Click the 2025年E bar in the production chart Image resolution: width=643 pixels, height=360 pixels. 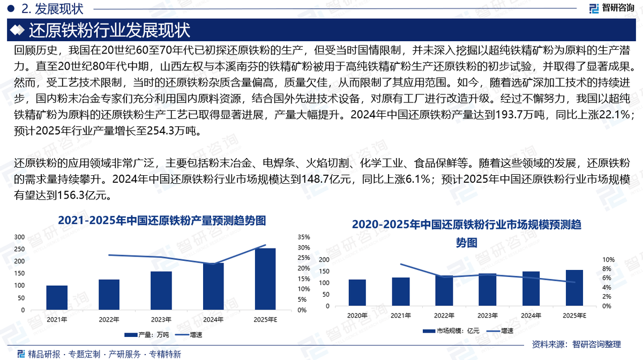tap(265, 279)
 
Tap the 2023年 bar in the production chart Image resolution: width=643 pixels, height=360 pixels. tap(161, 290)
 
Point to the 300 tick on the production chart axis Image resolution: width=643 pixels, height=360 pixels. tap(19, 237)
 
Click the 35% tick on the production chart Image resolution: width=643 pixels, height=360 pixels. tap(304, 237)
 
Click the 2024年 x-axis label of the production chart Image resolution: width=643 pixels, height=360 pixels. tap(213, 319)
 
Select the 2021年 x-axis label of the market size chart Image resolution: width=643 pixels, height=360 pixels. tap(400, 316)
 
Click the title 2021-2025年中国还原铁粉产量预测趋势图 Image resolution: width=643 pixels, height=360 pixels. tap(162, 220)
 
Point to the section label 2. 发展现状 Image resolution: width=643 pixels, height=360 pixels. tap(51, 9)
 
